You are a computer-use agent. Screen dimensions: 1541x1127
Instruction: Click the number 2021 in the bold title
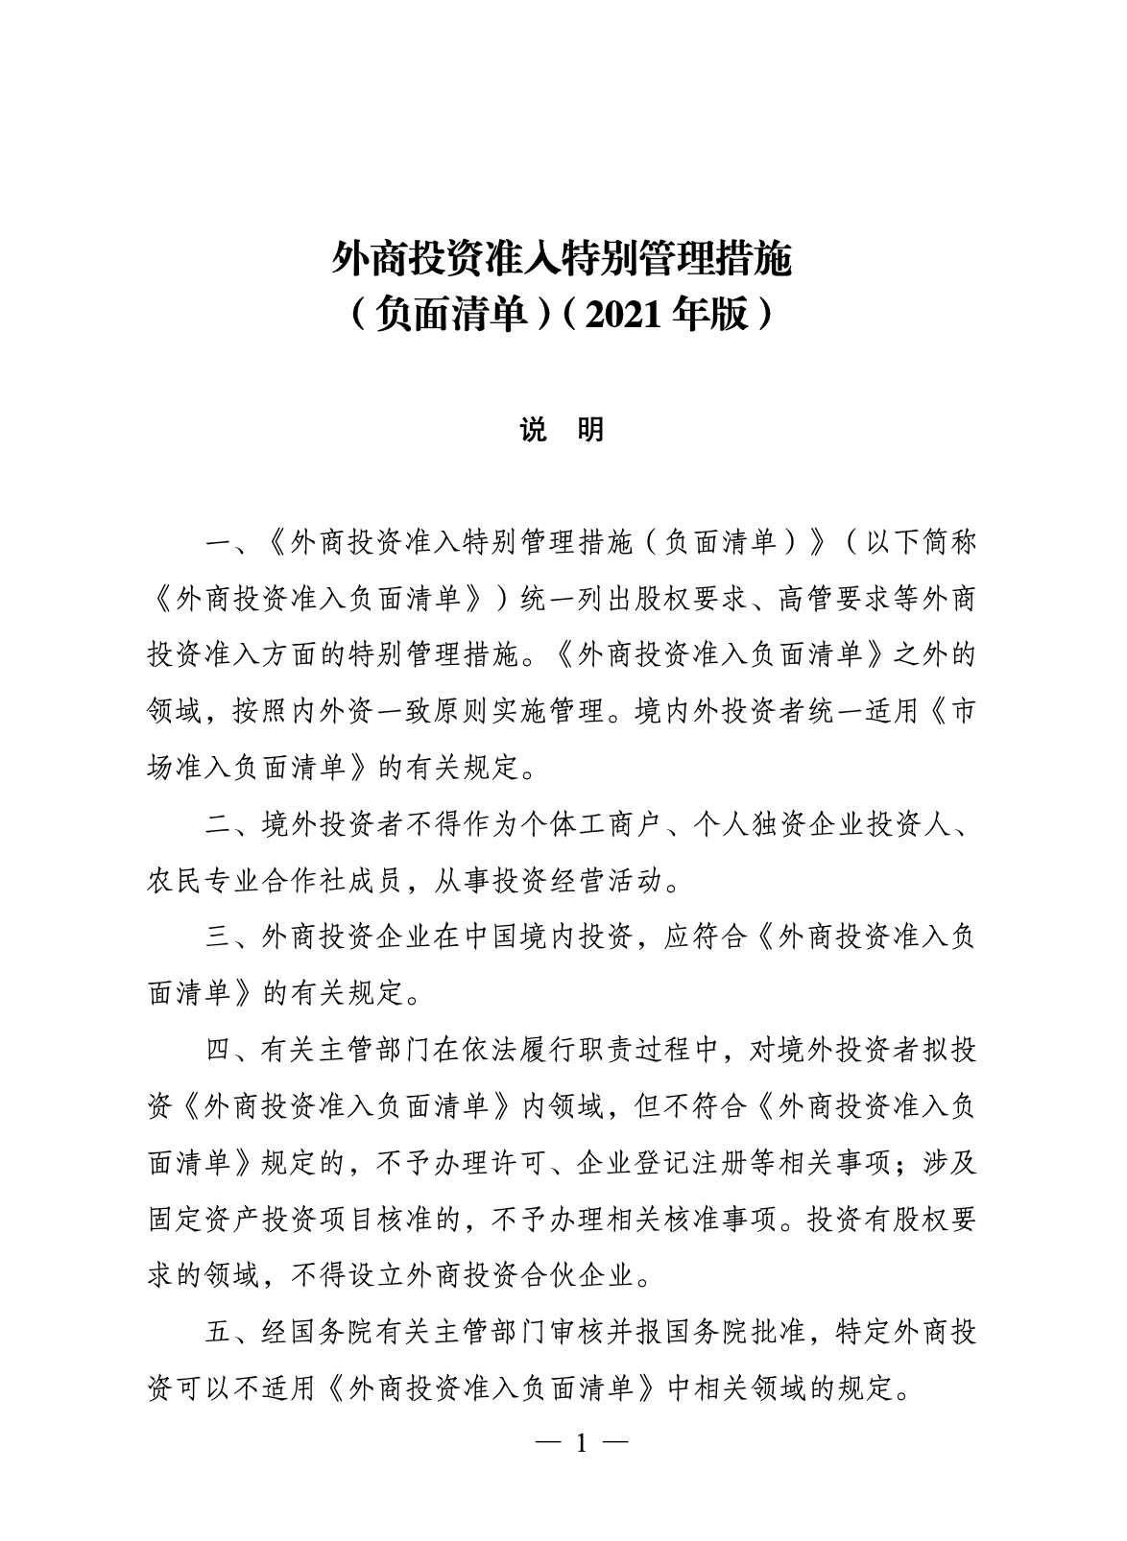tap(622, 313)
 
